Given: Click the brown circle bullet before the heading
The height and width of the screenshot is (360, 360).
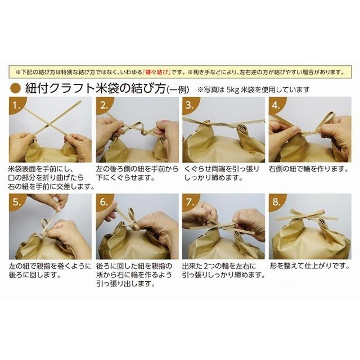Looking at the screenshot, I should (16, 88).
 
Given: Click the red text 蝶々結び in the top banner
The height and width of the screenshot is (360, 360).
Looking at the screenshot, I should (159, 73).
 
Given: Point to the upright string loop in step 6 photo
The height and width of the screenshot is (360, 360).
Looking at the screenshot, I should (132, 214).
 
